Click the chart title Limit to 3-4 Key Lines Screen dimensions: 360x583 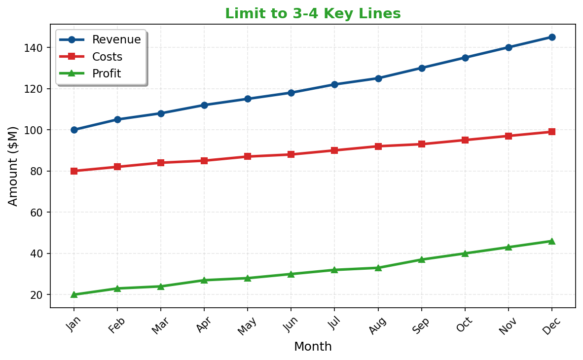click(313, 14)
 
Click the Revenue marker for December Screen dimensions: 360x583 click(552, 37)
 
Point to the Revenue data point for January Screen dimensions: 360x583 click(74, 130)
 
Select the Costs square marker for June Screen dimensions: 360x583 click(291, 154)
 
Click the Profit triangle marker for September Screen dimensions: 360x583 click(422, 259)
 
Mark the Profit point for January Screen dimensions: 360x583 click(74, 294)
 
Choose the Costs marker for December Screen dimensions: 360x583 click(552, 132)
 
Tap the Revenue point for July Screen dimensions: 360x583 click(334, 85)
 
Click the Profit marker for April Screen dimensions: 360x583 click(204, 280)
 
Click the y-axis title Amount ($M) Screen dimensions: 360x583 click(13, 166)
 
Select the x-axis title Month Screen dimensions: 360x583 click(313, 347)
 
